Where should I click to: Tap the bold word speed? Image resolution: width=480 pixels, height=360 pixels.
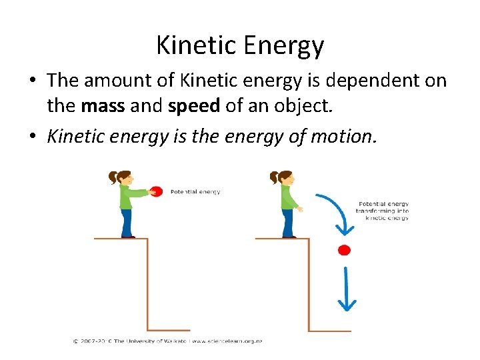pyautogui.click(x=192, y=105)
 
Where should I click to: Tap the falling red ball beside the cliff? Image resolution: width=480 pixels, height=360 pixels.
pyautogui.click(x=344, y=250)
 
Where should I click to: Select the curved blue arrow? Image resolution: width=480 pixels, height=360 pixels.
pyautogui.click(x=335, y=210)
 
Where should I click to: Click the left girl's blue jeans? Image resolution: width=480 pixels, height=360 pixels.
pyautogui.click(x=126, y=222)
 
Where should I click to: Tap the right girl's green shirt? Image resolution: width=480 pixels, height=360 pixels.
pyautogui.click(x=288, y=197)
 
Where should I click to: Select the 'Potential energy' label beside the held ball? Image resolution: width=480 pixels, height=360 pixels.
pyautogui.click(x=195, y=192)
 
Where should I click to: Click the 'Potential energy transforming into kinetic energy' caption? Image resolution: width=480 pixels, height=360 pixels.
pyautogui.click(x=383, y=211)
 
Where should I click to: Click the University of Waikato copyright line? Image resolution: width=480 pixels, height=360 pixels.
pyautogui.click(x=167, y=341)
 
